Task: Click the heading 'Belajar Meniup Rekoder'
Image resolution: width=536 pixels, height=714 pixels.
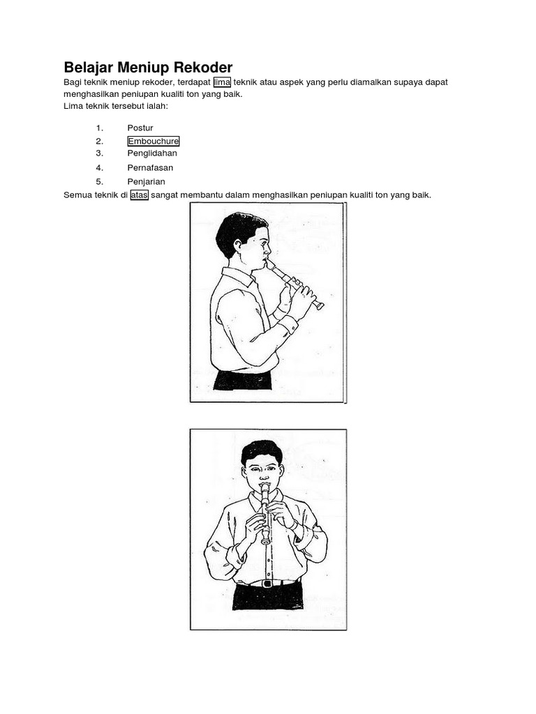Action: pos(148,68)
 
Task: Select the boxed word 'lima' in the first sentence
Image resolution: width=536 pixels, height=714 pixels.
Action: pos(222,82)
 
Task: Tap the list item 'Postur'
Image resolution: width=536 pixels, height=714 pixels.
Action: pos(140,128)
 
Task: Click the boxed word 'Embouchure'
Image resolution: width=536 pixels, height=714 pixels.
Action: pos(154,141)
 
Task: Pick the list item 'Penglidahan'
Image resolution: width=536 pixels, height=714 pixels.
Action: pos(152,153)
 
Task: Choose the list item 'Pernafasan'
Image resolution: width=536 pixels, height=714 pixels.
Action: pos(151,167)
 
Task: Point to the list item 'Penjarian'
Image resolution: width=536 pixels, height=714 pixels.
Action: pos(147,182)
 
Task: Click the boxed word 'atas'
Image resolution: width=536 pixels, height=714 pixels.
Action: pos(140,195)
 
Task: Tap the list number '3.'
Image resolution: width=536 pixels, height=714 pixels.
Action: pos(100,153)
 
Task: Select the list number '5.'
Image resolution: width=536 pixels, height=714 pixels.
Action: pos(100,182)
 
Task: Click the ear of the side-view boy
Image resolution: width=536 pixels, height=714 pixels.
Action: pos(237,245)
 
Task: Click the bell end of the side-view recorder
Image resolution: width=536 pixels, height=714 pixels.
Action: pos(320,306)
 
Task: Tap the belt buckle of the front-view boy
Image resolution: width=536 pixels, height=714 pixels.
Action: pos(268,584)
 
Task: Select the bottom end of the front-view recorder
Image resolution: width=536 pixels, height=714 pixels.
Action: pos(265,541)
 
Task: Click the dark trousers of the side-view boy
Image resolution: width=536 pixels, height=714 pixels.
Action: pos(242,380)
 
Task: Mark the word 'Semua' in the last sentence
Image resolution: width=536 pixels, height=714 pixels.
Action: pos(78,195)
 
